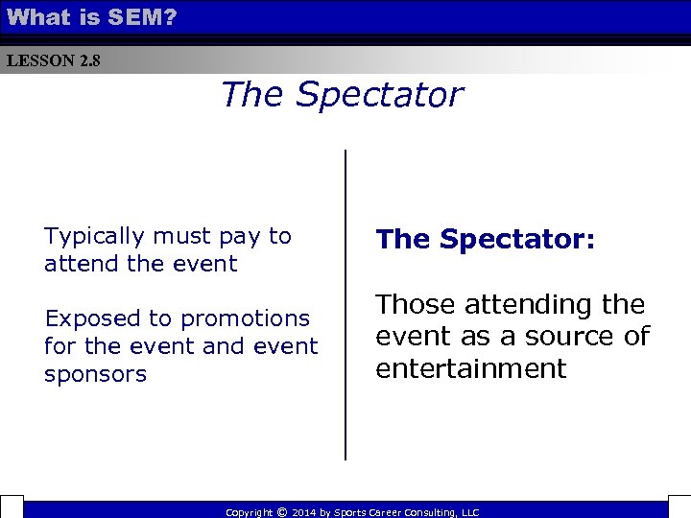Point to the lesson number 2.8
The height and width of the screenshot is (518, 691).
[89, 61]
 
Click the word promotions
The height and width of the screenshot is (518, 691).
[245, 318]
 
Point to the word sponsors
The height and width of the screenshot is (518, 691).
[95, 374]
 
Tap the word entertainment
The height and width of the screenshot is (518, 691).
[471, 368]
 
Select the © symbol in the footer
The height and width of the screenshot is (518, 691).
[281, 512]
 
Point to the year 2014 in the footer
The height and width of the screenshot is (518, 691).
[303, 513]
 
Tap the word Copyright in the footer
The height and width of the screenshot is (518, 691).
[249, 513]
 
